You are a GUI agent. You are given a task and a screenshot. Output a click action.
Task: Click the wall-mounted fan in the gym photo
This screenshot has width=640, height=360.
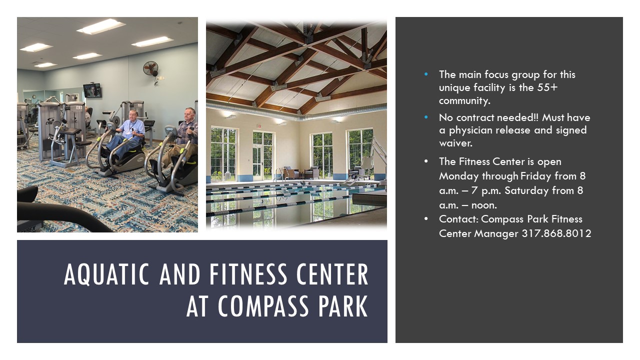[150, 68]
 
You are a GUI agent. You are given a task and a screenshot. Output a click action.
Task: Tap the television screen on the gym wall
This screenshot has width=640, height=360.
[92, 90]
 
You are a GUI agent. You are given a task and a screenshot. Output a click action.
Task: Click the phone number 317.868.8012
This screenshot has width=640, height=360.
[556, 233]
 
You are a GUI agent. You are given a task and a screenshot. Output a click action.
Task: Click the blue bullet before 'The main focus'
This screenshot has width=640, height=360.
[426, 74]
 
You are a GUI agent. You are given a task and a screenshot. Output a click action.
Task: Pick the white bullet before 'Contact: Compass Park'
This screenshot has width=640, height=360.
[426, 219]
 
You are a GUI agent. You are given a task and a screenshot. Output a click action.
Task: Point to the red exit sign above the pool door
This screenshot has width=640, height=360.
[259, 126]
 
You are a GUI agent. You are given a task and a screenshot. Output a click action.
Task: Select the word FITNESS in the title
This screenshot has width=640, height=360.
[248, 274]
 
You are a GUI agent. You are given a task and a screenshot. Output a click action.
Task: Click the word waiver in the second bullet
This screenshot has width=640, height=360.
[455, 143]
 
